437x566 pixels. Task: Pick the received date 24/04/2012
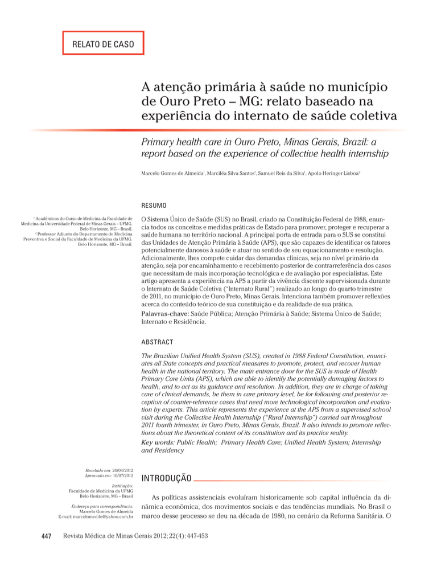point(121,469)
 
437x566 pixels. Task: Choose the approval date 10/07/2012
point(121,475)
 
